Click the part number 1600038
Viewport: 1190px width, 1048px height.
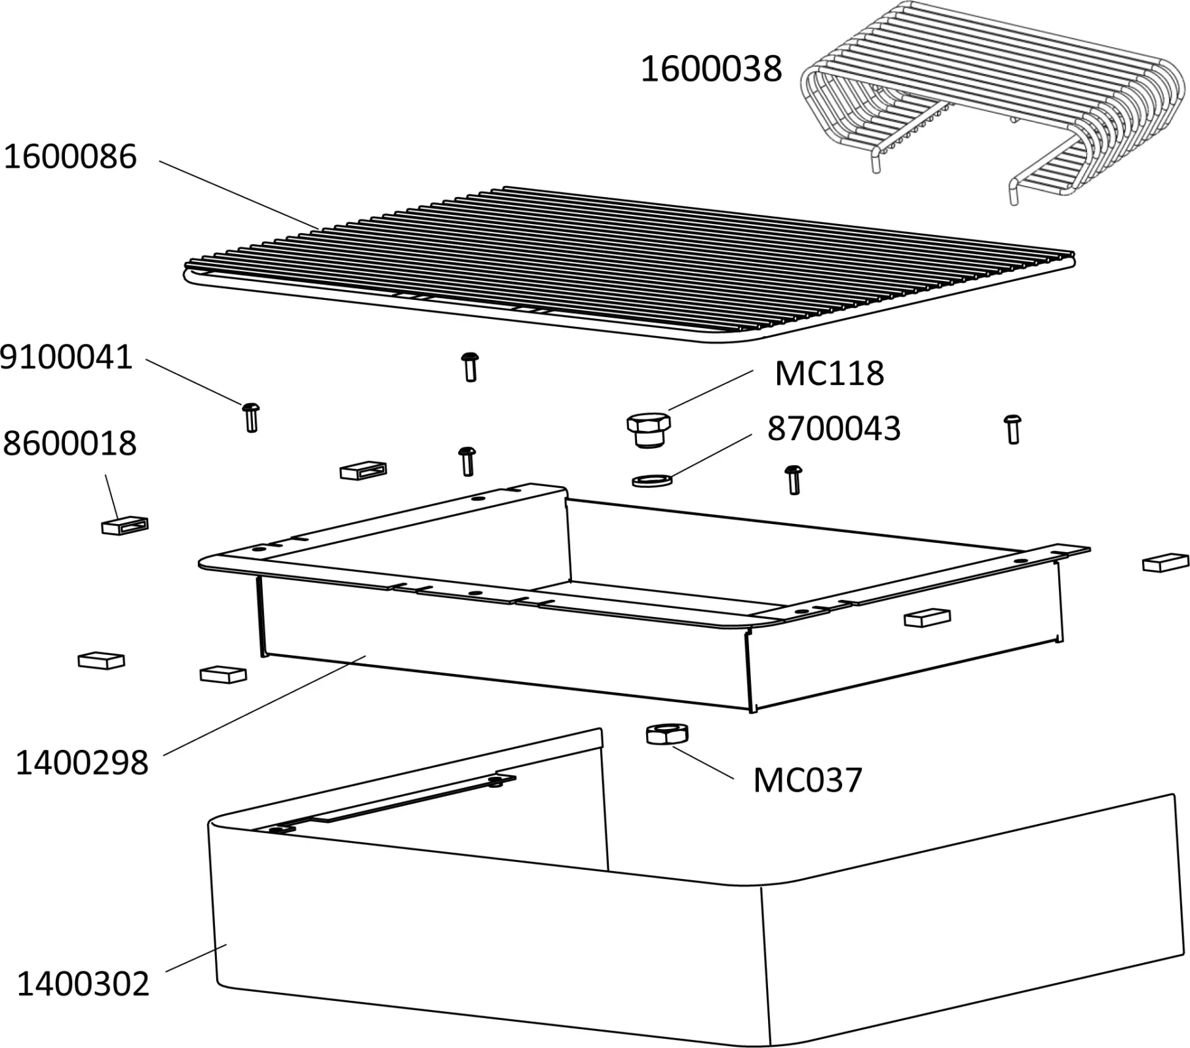(711, 69)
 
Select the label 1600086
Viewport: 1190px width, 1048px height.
(70, 157)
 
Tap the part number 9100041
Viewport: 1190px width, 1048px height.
(66, 358)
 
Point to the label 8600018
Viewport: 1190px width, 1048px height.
(69, 443)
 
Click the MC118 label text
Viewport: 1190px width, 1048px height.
(829, 374)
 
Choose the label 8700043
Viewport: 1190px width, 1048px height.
(834, 429)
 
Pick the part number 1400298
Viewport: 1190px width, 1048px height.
(82, 763)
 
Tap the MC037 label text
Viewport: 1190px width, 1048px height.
(807, 780)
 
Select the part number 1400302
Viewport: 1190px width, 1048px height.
(83, 984)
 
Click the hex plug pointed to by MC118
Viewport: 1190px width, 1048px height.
(649, 429)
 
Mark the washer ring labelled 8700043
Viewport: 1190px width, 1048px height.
(652, 481)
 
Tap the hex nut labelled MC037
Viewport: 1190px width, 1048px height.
(666, 734)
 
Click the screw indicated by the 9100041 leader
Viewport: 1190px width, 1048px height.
(251, 417)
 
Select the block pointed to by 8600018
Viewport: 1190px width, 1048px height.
(125, 525)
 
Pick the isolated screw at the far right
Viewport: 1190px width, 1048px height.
(1013, 429)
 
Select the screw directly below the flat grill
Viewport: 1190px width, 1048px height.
(470, 366)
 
